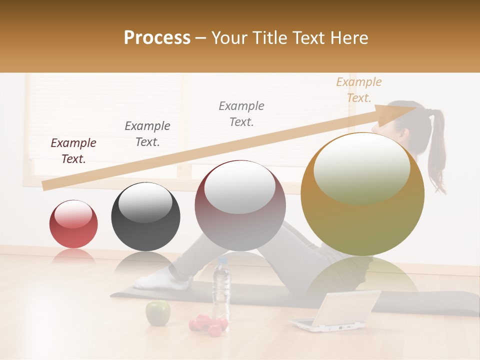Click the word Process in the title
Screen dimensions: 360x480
click(157, 38)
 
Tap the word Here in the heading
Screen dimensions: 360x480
click(349, 38)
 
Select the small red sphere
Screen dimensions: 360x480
click(73, 224)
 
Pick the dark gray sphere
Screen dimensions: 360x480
click(145, 216)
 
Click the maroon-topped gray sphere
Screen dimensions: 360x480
click(240, 205)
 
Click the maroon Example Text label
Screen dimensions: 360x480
click(73, 151)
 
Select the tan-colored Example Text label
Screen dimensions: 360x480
click(358, 90)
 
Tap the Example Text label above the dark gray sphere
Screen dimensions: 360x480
click(147, 134)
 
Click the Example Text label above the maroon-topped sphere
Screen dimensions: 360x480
click(241, 114)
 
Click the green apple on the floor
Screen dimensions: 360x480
click(157, 312)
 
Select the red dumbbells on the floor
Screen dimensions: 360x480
click(207, 324)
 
